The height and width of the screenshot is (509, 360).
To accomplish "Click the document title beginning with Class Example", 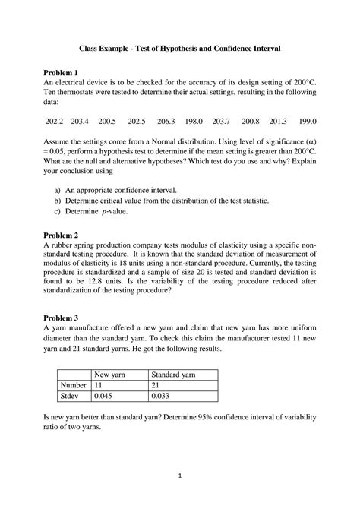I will coord(181,48).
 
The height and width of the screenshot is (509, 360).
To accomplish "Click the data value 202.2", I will coord(55,122).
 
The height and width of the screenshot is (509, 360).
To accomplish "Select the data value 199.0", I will coord(307,122).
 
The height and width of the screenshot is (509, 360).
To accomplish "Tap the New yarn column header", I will coord(110,375).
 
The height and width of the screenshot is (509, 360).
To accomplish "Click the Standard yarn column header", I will coord(174,375).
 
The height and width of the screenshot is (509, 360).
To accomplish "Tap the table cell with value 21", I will coord(156,385).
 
